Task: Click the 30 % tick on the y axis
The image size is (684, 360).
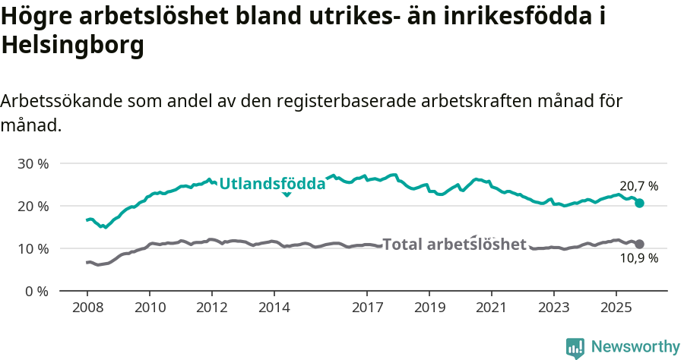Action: pyautogui.click(x=33, y=163)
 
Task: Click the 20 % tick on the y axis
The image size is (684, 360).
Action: pyautogui.click(x=33, y=206)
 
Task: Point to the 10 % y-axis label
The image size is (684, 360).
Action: pyautogui.click(x=33, y=248)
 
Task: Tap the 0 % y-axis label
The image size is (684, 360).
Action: pyautogui.click(x=37, y=291)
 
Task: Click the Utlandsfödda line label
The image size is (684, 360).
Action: pyautogui.click(x=272, y=183)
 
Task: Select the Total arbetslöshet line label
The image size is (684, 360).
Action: pyautogui.click(x=454, y=244)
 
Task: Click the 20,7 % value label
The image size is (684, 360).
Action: pyautogui.click(x=638, y=186)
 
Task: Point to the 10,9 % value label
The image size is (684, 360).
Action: pyautogui.click(x=638, y=258)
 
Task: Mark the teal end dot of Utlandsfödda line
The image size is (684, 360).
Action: pyautogui.click(x=640, y=203)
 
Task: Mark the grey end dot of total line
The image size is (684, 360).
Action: pyautogui.click(x=640, y=244)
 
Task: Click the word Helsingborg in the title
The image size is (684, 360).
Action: pyautogui.click(x=73, y=46)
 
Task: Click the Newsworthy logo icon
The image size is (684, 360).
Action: pyautogui.click(x=575, y=348)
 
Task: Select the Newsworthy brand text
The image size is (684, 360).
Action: pyautogui.click(x=635, y=347)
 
